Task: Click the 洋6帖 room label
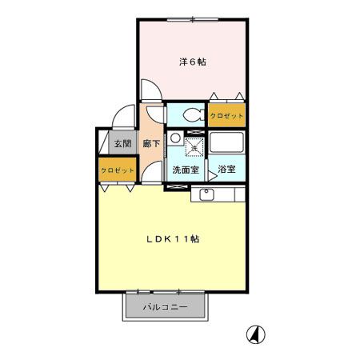[x=191, y=61]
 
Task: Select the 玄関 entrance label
[x=122, y=144]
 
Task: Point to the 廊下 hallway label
[x=151, y=144]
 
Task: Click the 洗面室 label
[x=185, y=170]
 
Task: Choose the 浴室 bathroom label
[x=226, y=170]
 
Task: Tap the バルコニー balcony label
[x=165, y=307]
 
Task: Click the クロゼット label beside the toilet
[x=226, y=116]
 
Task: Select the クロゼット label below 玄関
[x=116, y=170]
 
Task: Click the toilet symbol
[x=192, y=115]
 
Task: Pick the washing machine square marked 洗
[x=193, y=146]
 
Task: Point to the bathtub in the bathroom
[x=226, y=146]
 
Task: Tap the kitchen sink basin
[x=206, y=194]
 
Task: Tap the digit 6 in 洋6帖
[x=191, y=61]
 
